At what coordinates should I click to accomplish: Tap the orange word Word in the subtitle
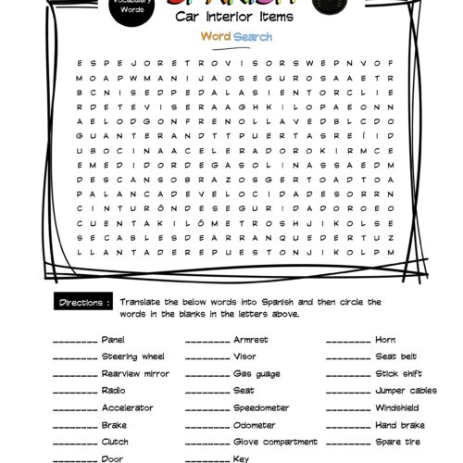click(x=216, y=37)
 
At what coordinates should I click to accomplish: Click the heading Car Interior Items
click(x=231, y=16)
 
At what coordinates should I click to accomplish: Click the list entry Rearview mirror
click(x=135, y=373)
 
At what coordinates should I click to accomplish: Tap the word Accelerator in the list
click(x=128, y=407)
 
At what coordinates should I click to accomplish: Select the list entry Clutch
click(x=114, y=441)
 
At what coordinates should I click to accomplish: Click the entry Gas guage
click(x=253, y=373)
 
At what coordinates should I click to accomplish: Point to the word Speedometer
click(x=260, y=407)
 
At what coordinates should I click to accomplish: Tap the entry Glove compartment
click(x=272, y=441)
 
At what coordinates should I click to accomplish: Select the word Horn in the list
click(x=384, y=340)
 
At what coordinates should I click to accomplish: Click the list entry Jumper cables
click(x=406, y=391)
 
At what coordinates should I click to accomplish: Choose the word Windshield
click(x=399, y=407)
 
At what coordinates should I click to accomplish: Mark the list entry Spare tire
click(x=395, y=441)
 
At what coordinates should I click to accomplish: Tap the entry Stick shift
click(x=398, y=373)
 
